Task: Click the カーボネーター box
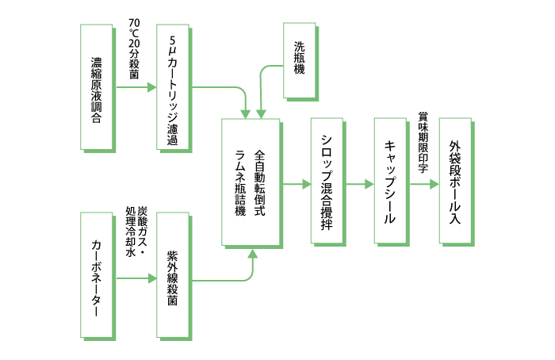point(96,274)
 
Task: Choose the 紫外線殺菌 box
point(173,274)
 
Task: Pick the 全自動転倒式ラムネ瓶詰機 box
point(250,182)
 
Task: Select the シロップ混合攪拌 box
point(326,182)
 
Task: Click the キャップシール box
point(389,182)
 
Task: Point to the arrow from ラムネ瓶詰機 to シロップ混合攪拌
point(295,183)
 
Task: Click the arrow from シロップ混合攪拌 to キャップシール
point(358,183)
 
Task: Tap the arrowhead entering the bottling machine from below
point(253,254)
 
